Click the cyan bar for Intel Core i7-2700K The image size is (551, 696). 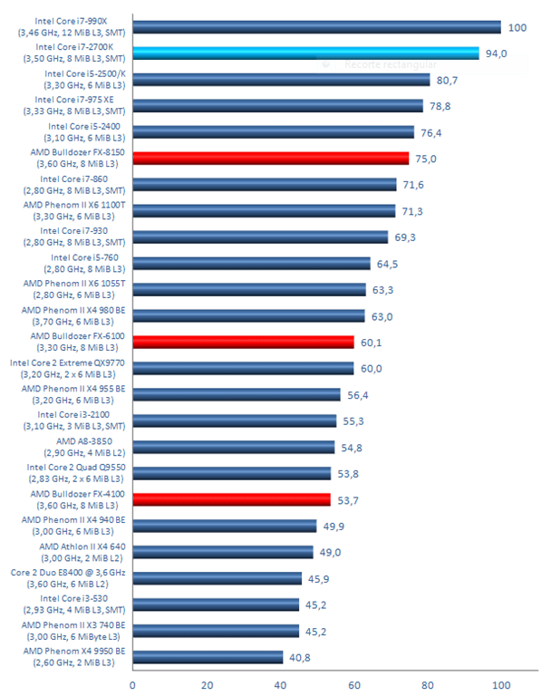pyautogui.click(x=305, y=53)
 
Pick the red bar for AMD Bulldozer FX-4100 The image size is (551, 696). pyautogui.click(x=231, y=499)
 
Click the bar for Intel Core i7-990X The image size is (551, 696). pyautogui.click(x=316, y=26)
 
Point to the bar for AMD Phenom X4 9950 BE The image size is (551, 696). pyautogui.click(x=208, y=657)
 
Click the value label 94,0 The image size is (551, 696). pyautogui.click(x=497, y=53)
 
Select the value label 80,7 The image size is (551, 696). pyautogui.click(x=447, y=80)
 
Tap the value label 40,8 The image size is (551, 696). pyautogui.click(x=301, y=657)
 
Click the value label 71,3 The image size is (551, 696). pyautogui.click(x=412, y=211)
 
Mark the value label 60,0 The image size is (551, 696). pyautogui.click(x=371, y=368)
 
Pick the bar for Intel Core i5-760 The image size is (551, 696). pyautogui.click(x=251, y=263)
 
